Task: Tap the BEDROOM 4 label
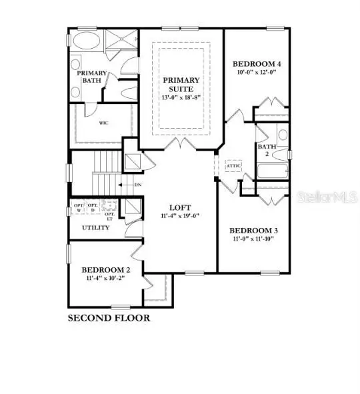click(257, 64)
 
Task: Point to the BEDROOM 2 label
click(106, 270)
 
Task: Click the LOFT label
click(177, 207)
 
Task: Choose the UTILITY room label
click(96, 228)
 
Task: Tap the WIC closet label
click(104, 123)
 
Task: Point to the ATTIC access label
click(233, 165)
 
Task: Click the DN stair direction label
click(137, 185)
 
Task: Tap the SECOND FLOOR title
click(109, 318)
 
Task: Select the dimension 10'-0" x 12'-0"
click(257, 73)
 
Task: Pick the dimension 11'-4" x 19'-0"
click(177, 217)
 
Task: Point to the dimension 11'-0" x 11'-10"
click(255, 239)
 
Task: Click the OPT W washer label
click(78, 207)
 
